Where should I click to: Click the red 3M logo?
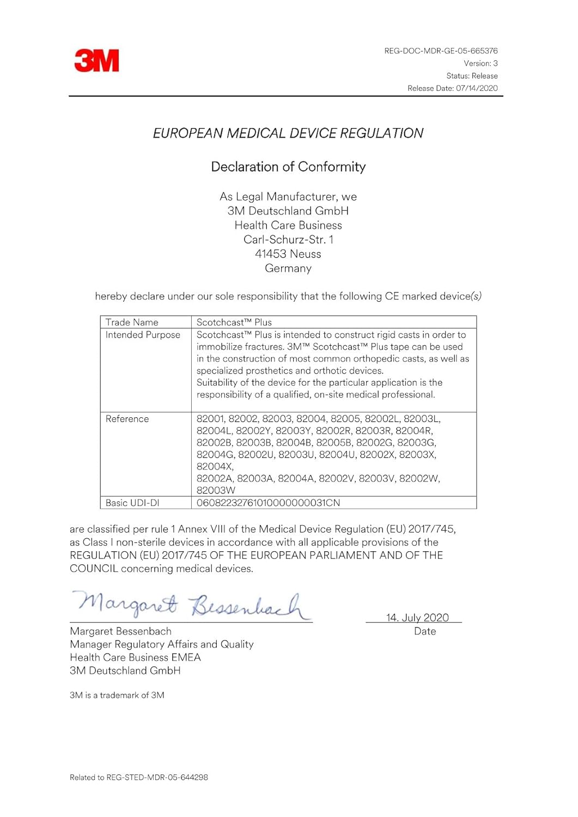(x=96, y=60)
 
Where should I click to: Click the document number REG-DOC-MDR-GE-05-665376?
(x=441, y=51)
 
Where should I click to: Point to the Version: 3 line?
(x=480, y=63)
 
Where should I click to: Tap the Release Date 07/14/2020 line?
(x=452, y=88)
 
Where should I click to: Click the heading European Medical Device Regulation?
(x=288, y=133)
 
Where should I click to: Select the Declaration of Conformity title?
(x=288, y=167)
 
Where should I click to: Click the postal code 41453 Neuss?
(x=288, y=254)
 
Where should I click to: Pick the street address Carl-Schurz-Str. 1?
(x=288, y=240)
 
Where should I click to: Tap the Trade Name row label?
(x=132, y=322)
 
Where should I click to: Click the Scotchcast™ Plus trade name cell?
(x=234, y=322)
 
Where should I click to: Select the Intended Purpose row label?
(x=143, y=335)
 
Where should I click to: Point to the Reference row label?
(x=127, y=419)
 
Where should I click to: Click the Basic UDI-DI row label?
(x=132, y=503)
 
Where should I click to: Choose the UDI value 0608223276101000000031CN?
(x=268, y=503)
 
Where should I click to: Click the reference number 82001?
(x=210, y=419)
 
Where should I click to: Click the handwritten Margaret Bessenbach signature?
(x=191, y=605)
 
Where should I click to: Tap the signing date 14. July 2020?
(x=417, y=618)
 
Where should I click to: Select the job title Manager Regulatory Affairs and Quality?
(x=162, y=644)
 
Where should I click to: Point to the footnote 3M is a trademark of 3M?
(x=117, y=695)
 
